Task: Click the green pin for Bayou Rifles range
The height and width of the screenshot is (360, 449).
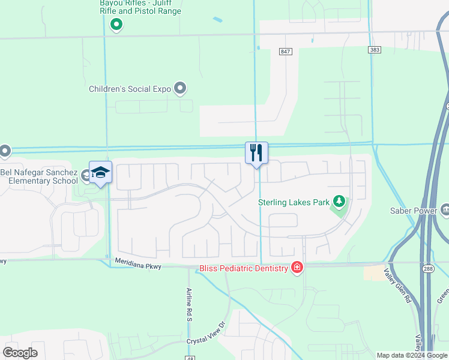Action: coord(117,24)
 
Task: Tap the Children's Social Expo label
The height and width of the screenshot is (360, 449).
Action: coord(130,89)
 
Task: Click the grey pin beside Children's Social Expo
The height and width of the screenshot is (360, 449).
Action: coord(180,88)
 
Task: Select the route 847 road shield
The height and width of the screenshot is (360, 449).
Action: coord(286,52)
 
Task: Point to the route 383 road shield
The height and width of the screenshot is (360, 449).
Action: coord(375,50)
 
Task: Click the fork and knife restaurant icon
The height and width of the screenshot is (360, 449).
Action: coord(256,152)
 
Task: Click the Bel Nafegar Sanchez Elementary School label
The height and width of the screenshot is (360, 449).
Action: coord(39,176)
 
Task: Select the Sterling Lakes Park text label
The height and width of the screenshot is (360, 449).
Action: coord(294,202)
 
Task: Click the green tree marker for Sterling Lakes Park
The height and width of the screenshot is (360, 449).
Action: coord(339,202)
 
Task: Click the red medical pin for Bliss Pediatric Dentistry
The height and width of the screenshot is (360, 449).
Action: coord(297,268)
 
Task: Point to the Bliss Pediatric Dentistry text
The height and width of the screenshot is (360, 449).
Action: coord(244,268)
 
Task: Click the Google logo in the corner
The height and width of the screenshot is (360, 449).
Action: coord(20,352)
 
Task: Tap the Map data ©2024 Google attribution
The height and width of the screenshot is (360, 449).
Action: coord(412,355)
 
